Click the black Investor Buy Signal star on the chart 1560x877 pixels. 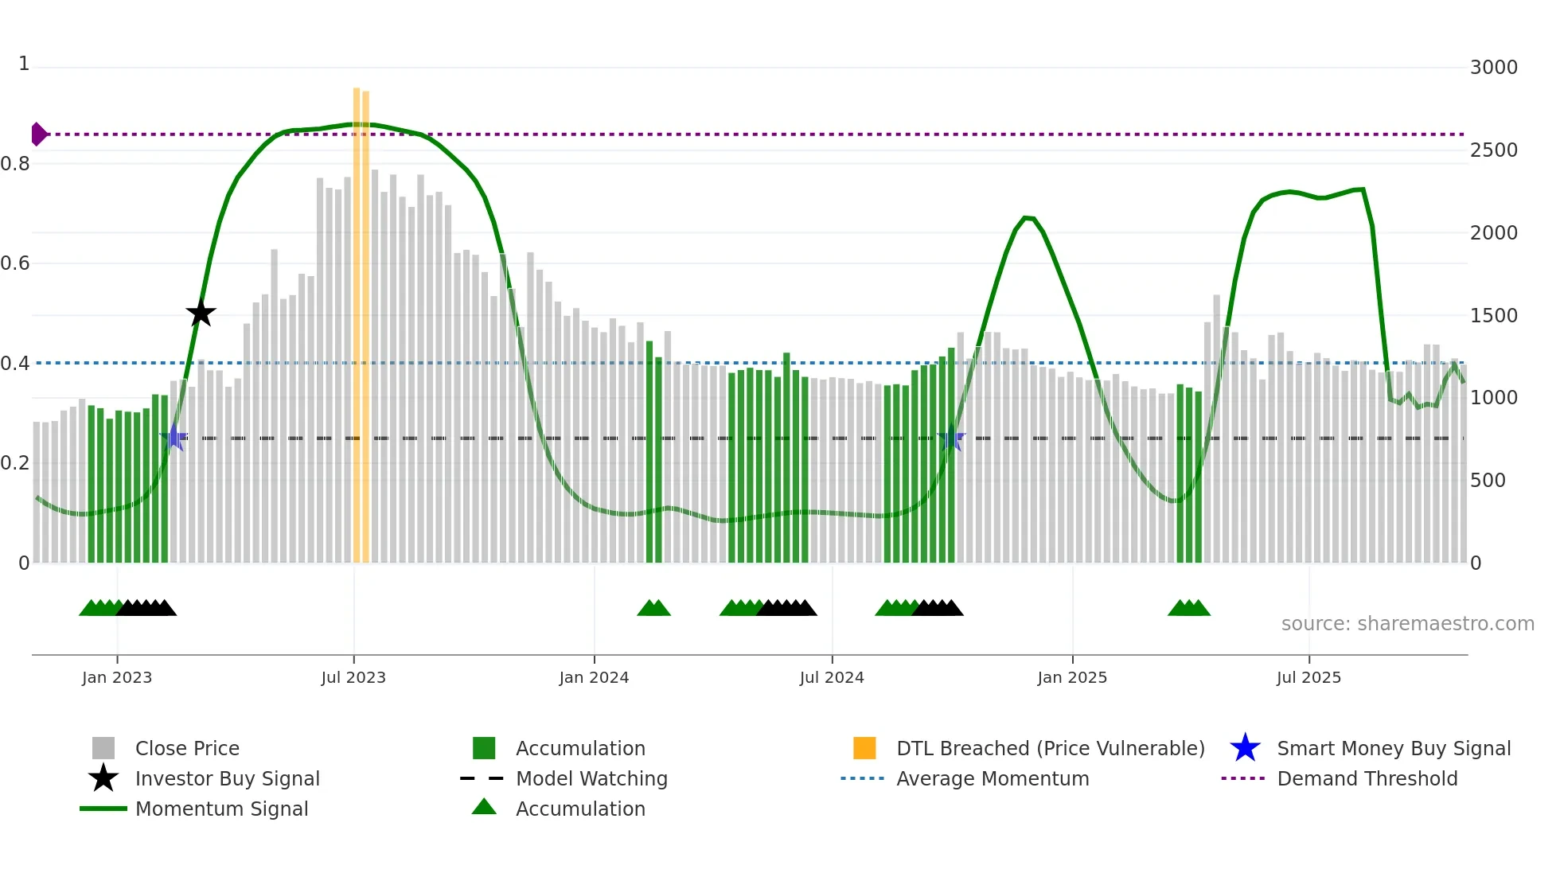click(x=201, y=313)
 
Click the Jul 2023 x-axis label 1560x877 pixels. click(x=353, y=677)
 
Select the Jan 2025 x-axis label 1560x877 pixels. click(x=1072, y=677)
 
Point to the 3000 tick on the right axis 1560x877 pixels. click(x=1493, y=68)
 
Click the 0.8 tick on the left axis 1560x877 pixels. click(x=15, y=164)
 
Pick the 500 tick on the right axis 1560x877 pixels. click(x=1488, y=481)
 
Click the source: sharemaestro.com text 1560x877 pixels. click(x=1407, y=624)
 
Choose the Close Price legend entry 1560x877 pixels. click(x=186, y=748)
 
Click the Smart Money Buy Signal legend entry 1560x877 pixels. click(x=1393, y=748)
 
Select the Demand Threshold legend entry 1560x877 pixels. click(x=1367, y=778)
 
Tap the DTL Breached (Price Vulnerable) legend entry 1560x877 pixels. click(x=1050, y=748)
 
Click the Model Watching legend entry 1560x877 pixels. click(x=591, y=778)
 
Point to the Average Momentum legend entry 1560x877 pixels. click(x=992, y=778)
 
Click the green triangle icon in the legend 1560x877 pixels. click(x=484, y=807)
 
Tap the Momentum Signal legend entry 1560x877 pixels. click(x=221, y=809)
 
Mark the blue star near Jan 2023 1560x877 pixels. click(x=174, y=437)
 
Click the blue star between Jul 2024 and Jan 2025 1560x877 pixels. click(x=951, y=438)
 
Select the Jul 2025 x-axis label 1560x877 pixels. click(x=1308, y=677)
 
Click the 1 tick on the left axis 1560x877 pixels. click(x=24, y=64)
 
